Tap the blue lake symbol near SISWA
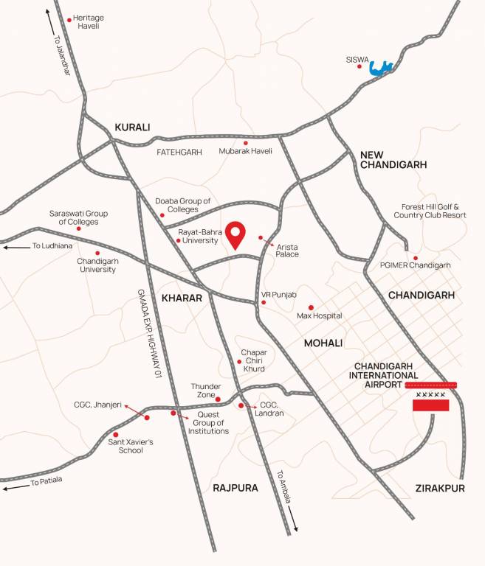[380, 69]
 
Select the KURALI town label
[132, 127]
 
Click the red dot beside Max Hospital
[311, 307]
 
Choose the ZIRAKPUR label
[440, 488]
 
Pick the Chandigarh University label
[97, 265]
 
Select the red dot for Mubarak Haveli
[246, 143]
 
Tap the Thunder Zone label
[206, 391]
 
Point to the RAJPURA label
[235, 488]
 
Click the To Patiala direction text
[47, 481]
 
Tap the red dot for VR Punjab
[264, 301]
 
